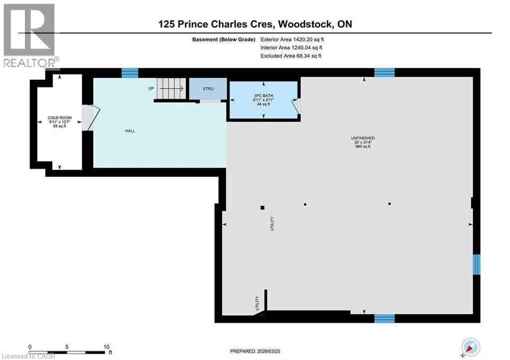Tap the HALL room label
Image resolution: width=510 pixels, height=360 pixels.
tap(130, 131)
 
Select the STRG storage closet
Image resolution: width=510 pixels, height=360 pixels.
tap(208, 89)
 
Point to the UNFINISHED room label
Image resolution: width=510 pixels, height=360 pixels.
tap(363, 138)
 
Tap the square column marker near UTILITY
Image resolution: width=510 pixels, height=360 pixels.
tap(262, 208)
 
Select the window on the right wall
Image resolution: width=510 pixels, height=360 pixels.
tap(477, 264)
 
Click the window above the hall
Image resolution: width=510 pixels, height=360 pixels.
tap(129, 73)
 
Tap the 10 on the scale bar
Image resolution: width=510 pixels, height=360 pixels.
tap(105, 347)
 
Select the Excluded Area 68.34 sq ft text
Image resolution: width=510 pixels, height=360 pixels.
tap(291, 56)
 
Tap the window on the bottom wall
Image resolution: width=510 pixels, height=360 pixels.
tap(384, 318)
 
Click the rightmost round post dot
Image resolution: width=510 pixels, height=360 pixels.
tap(389, 204)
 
